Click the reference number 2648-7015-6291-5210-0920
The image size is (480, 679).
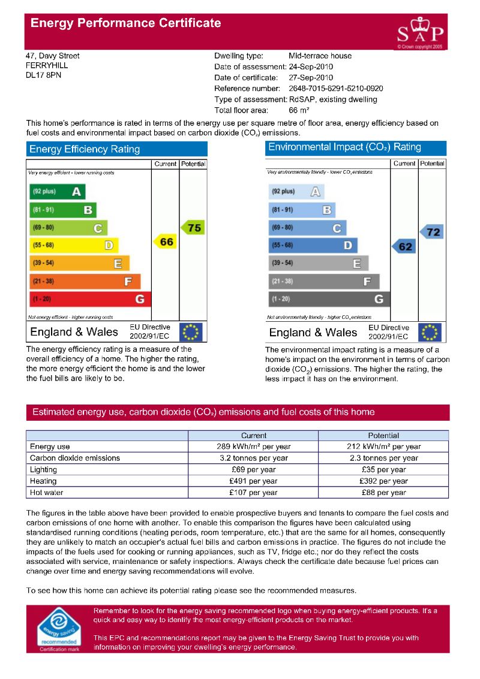335,89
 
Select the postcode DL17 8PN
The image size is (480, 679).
43,76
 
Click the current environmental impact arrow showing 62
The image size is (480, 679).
404,246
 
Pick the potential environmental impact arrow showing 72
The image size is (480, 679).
432,232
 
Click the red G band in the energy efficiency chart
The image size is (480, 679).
90,298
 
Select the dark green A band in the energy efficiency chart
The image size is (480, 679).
57,192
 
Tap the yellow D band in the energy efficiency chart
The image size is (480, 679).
74,245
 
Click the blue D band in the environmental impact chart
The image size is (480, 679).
313,245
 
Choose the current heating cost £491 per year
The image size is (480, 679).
253,481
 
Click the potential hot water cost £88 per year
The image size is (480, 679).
383,493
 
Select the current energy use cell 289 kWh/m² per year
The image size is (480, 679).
253,446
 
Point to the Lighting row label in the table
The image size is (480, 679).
44,470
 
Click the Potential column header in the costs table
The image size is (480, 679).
383,436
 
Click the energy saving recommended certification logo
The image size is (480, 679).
59,629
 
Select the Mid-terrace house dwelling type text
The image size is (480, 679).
320,56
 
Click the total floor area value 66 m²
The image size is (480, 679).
299,110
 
